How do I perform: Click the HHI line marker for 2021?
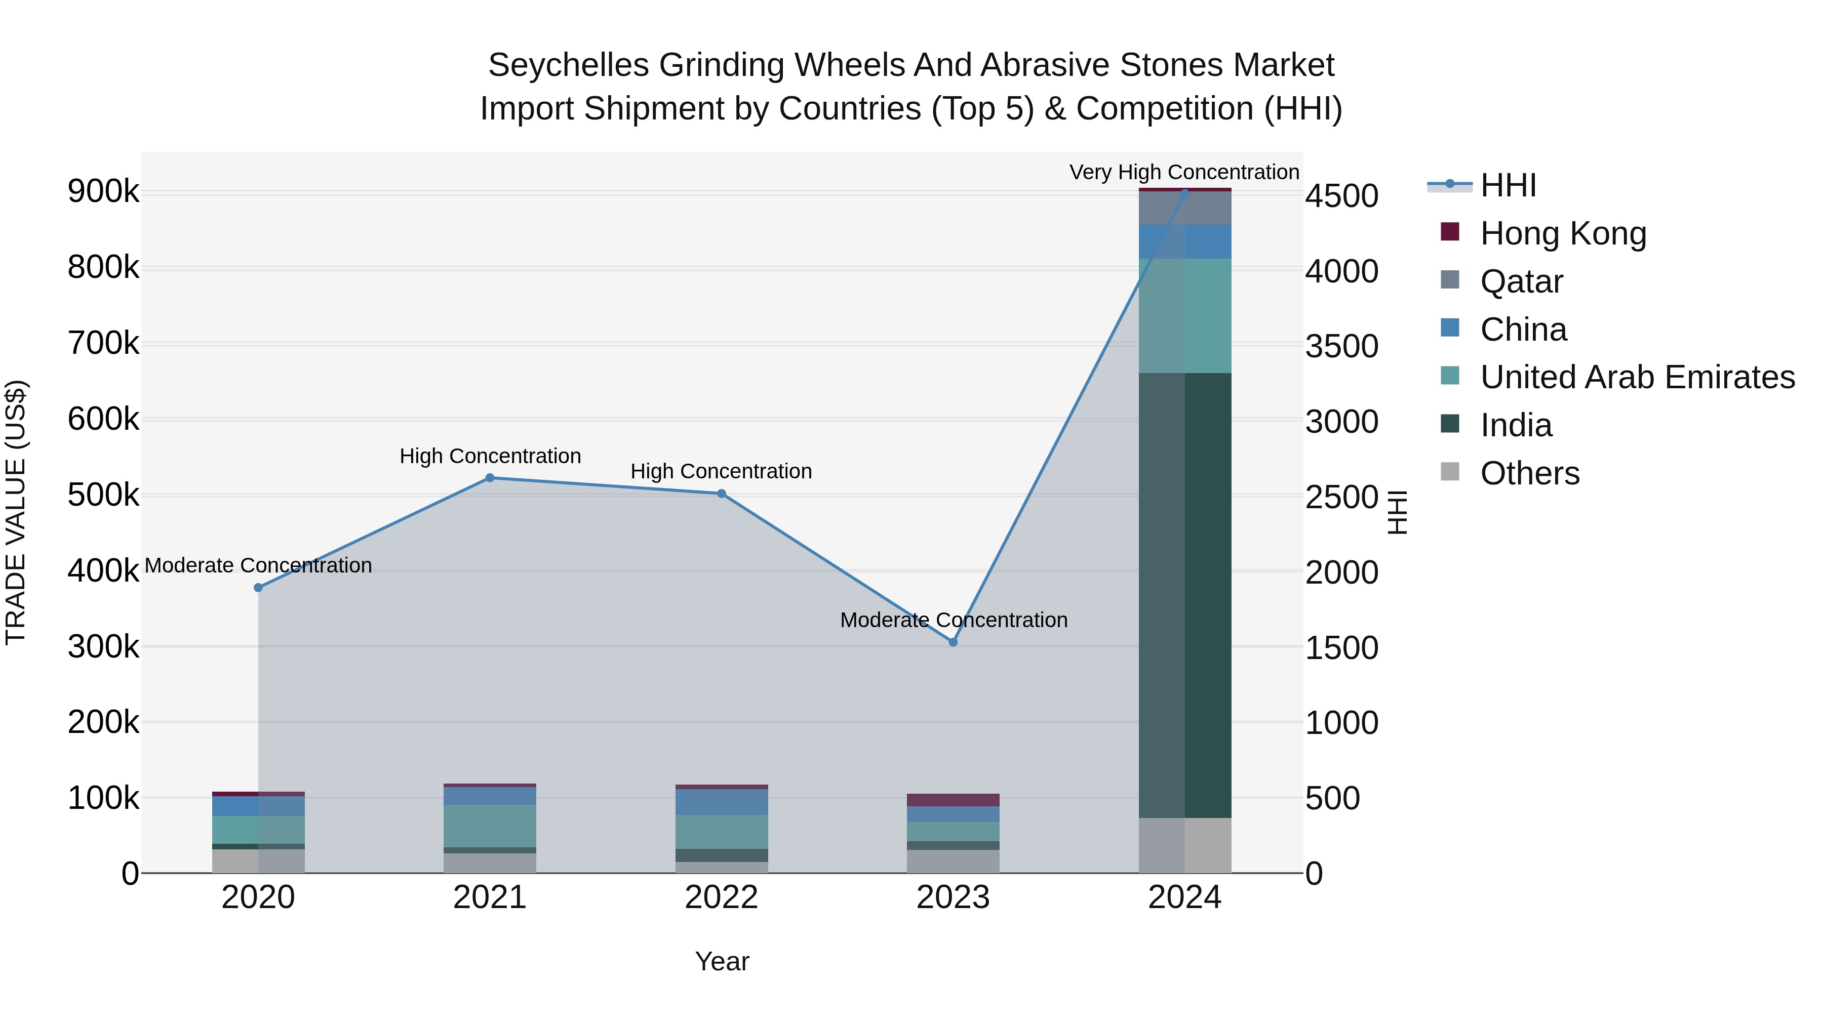coord(490,477)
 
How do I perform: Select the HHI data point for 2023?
coord(953,642)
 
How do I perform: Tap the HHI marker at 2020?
coord(258,588)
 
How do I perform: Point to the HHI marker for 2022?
coord(721,494)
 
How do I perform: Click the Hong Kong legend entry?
coord(1563,233)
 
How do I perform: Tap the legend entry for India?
coord(1515,425)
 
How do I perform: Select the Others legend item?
coord(1529,473)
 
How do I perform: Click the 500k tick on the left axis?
coord(103,495)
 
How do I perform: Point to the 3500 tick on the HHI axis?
coord(1342,347)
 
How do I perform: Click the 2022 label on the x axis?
coord(721,897)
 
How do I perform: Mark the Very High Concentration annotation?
coord(1184,172)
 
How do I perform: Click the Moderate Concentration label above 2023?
coord(953,620)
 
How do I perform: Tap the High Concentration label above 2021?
coord(490,456)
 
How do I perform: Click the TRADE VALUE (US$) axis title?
coord(16,512)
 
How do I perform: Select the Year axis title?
coord(722,961)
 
